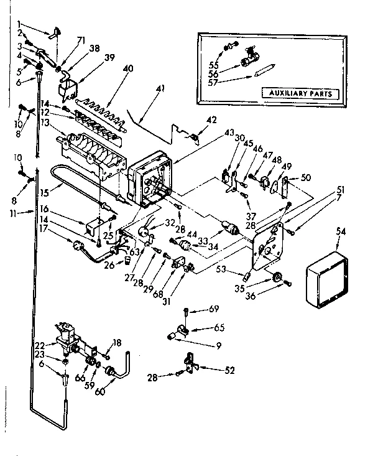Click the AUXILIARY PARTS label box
(300, 94)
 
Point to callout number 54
(340, 231)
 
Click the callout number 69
(214, 309)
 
